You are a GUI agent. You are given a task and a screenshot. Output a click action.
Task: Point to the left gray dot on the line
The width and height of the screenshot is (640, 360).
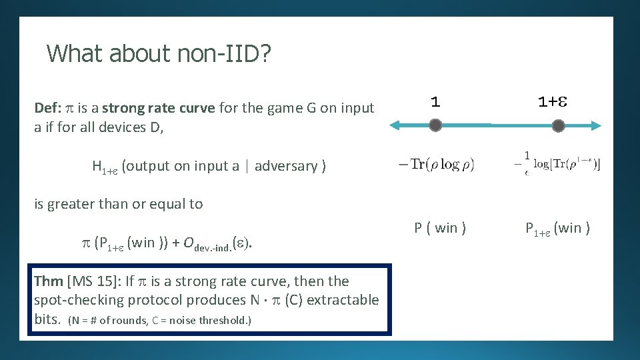[x=435, y=125]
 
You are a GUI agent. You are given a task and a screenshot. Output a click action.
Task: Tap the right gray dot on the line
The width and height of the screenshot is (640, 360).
[x=559, y=125]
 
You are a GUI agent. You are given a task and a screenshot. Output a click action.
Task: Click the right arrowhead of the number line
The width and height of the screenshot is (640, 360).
[x=597, y=125]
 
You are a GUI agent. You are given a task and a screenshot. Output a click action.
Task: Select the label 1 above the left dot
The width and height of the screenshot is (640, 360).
[x=435, y=101]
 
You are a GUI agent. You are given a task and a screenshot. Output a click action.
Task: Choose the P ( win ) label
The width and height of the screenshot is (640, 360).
[x=440, y=228]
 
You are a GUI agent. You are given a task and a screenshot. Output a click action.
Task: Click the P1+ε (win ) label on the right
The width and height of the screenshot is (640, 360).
[x=557, y=229]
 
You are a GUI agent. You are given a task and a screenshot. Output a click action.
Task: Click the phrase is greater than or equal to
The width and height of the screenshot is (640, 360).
[x=118, y=204]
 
